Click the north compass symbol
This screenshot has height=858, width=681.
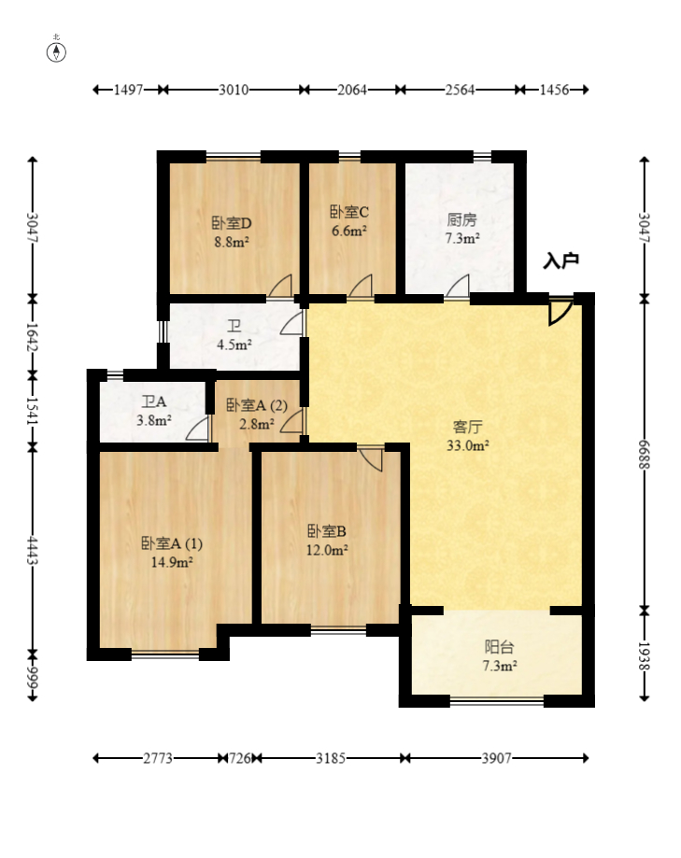click(x=57, y=50)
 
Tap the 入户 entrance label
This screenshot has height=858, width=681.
click(x=561, y=261)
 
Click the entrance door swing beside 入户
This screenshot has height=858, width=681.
click(x=560, y=311)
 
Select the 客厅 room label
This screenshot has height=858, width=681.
click(x=467, y=427)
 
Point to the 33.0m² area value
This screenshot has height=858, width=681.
click(x=467, y=445)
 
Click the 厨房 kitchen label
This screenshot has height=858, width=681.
click(x=461, y=220)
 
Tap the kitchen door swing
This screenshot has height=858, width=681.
click(x=458, y=287)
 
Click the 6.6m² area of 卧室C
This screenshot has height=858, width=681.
click(x=349, y=232)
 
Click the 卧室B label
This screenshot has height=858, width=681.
click(x=328, y=531)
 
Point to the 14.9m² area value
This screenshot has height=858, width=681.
click(x=171, y=562)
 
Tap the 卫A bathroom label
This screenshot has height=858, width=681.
click(x=154, y=402)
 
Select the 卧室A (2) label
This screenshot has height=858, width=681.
click(x=256, y=405)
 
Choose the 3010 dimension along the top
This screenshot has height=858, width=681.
click(x=234, y=90)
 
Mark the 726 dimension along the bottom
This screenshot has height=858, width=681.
click(x=240, y=758)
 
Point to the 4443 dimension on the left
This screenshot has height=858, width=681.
click(x=34, y=551)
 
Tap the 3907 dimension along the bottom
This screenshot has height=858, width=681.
click(x=496, y=758)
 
